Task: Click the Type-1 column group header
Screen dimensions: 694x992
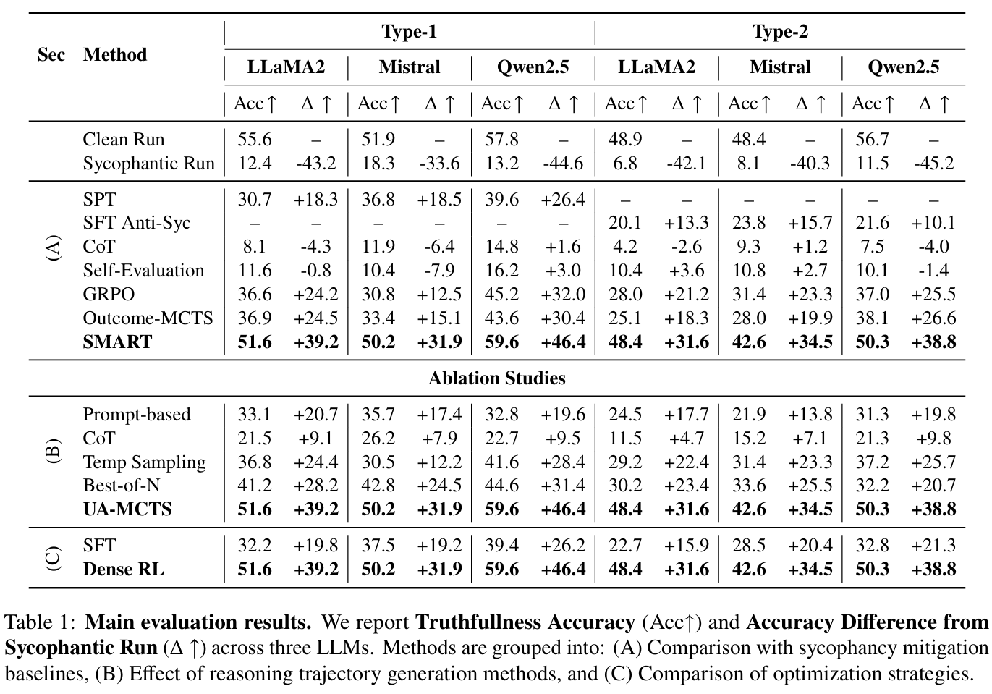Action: point(409,32)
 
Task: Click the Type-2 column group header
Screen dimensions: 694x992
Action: point(779,32)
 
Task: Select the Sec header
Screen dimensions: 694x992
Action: point(51,55)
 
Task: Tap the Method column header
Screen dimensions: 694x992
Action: point(115,55)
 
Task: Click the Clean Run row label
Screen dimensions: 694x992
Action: point(124,140)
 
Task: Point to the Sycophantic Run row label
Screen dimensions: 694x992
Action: point(148,164)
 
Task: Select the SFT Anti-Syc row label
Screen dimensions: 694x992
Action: point(136,223)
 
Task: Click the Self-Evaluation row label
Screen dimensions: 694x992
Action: point(143,271)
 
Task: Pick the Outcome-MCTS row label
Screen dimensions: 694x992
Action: point(148,318)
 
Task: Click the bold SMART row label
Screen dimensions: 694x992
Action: point(117,342)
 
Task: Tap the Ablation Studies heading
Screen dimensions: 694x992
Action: point(496,378)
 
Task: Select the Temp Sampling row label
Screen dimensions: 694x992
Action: point(144,462)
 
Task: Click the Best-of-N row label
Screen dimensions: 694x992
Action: point(121,486)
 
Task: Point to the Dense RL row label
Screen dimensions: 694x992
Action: point(123,570)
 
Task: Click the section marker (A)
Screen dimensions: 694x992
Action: point(53,247)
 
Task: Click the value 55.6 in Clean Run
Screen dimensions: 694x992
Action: point(254,140)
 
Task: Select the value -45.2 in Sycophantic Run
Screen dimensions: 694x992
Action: point(933,164)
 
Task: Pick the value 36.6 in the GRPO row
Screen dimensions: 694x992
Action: point(254,295)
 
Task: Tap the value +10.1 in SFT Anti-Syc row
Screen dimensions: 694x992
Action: point(933,223)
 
